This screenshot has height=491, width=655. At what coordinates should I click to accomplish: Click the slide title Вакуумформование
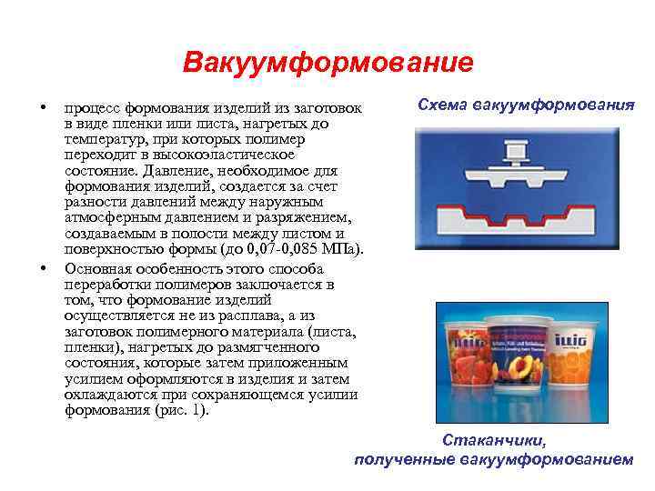(x=327, y=63)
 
